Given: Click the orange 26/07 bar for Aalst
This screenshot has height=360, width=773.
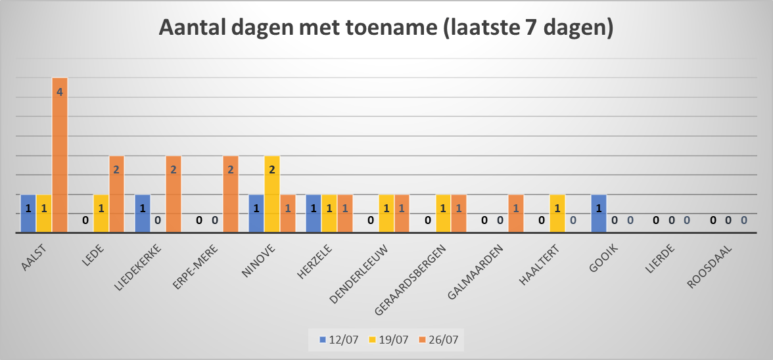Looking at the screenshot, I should (60, 156).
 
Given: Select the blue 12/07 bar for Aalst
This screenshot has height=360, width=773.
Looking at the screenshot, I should (28, 214).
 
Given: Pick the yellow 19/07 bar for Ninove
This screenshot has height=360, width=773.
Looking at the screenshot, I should (272, 194).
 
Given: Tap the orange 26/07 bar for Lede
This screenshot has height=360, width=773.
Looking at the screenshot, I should (116, 194).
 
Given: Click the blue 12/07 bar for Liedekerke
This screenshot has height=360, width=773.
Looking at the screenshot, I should (143, 214).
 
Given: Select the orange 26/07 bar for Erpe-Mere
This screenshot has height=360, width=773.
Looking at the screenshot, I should (231, 194).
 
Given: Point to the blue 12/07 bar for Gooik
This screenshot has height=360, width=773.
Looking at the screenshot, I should (599, 214).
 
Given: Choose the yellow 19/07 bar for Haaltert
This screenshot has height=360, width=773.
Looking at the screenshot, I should (557, 214).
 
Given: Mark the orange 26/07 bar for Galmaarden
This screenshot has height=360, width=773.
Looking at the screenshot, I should (516, 214).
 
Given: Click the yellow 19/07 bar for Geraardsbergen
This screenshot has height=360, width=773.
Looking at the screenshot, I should (443, 214).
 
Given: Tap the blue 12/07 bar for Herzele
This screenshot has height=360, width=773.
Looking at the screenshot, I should (314, 214).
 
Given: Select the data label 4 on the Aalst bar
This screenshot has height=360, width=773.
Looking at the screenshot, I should (60, 92).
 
